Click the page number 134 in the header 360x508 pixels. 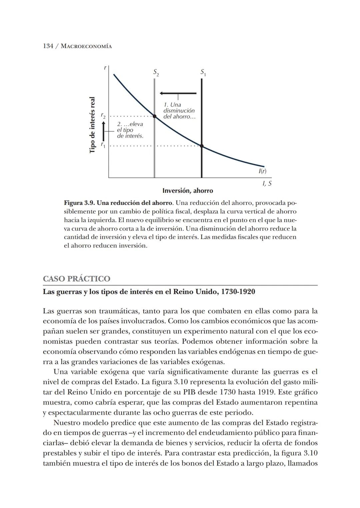[48, 46]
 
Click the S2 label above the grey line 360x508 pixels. [156, 72]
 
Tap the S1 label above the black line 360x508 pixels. [203, 72]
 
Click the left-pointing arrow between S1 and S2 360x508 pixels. [178, 93]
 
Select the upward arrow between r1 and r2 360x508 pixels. [104, 131]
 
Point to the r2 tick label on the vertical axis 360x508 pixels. [103, 116]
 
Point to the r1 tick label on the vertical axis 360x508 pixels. [103, 145]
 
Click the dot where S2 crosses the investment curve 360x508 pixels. [154, 116]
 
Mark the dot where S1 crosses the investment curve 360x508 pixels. [202, 146]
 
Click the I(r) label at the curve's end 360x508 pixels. [262, 171]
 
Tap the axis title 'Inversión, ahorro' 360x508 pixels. [188, 191]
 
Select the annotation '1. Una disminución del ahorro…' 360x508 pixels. [179, 111]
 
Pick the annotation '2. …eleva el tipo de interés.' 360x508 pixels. [130, 130]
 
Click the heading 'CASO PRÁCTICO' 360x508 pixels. [76, 279]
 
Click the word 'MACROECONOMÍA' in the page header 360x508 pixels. [87, 46]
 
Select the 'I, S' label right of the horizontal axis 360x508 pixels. [267, 183]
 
